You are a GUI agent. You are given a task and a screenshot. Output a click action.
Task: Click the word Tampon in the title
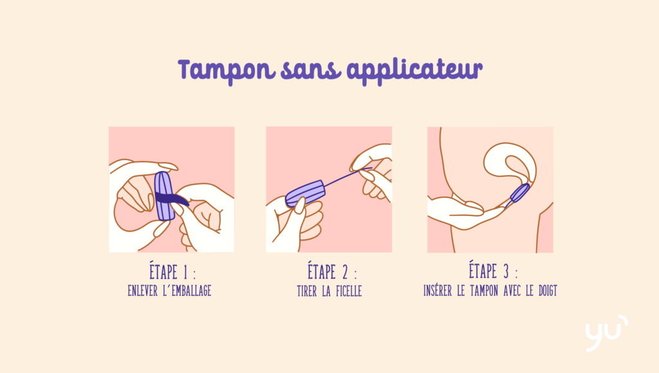click(227, 70)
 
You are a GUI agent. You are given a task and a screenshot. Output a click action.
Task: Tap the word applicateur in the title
click(415, 71)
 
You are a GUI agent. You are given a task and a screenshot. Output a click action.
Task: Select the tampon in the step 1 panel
click(164, 196)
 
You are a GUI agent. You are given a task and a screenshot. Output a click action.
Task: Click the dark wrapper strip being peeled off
click(172, 198)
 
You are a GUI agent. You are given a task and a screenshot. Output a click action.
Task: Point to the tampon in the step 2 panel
click(305, 193)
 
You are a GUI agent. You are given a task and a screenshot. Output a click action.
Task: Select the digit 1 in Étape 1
click(185, 272)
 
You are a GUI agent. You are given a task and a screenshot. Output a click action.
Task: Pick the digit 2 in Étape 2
click(345, 272)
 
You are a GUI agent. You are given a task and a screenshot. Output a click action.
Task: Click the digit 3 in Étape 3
click(506, 271)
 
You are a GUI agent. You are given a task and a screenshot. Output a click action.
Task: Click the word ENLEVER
click(142, 291)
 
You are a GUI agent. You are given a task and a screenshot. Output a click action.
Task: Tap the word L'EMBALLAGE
click(187, 291)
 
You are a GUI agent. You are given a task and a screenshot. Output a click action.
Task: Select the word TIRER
click(307, 291)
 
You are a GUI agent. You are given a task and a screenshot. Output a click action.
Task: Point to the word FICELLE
click(349, 291)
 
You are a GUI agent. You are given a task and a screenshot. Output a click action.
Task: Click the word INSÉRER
click(438, 290)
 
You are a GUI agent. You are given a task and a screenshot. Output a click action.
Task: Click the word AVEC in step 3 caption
click(512, 290)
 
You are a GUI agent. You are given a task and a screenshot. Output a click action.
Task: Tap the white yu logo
click(606, 333)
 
